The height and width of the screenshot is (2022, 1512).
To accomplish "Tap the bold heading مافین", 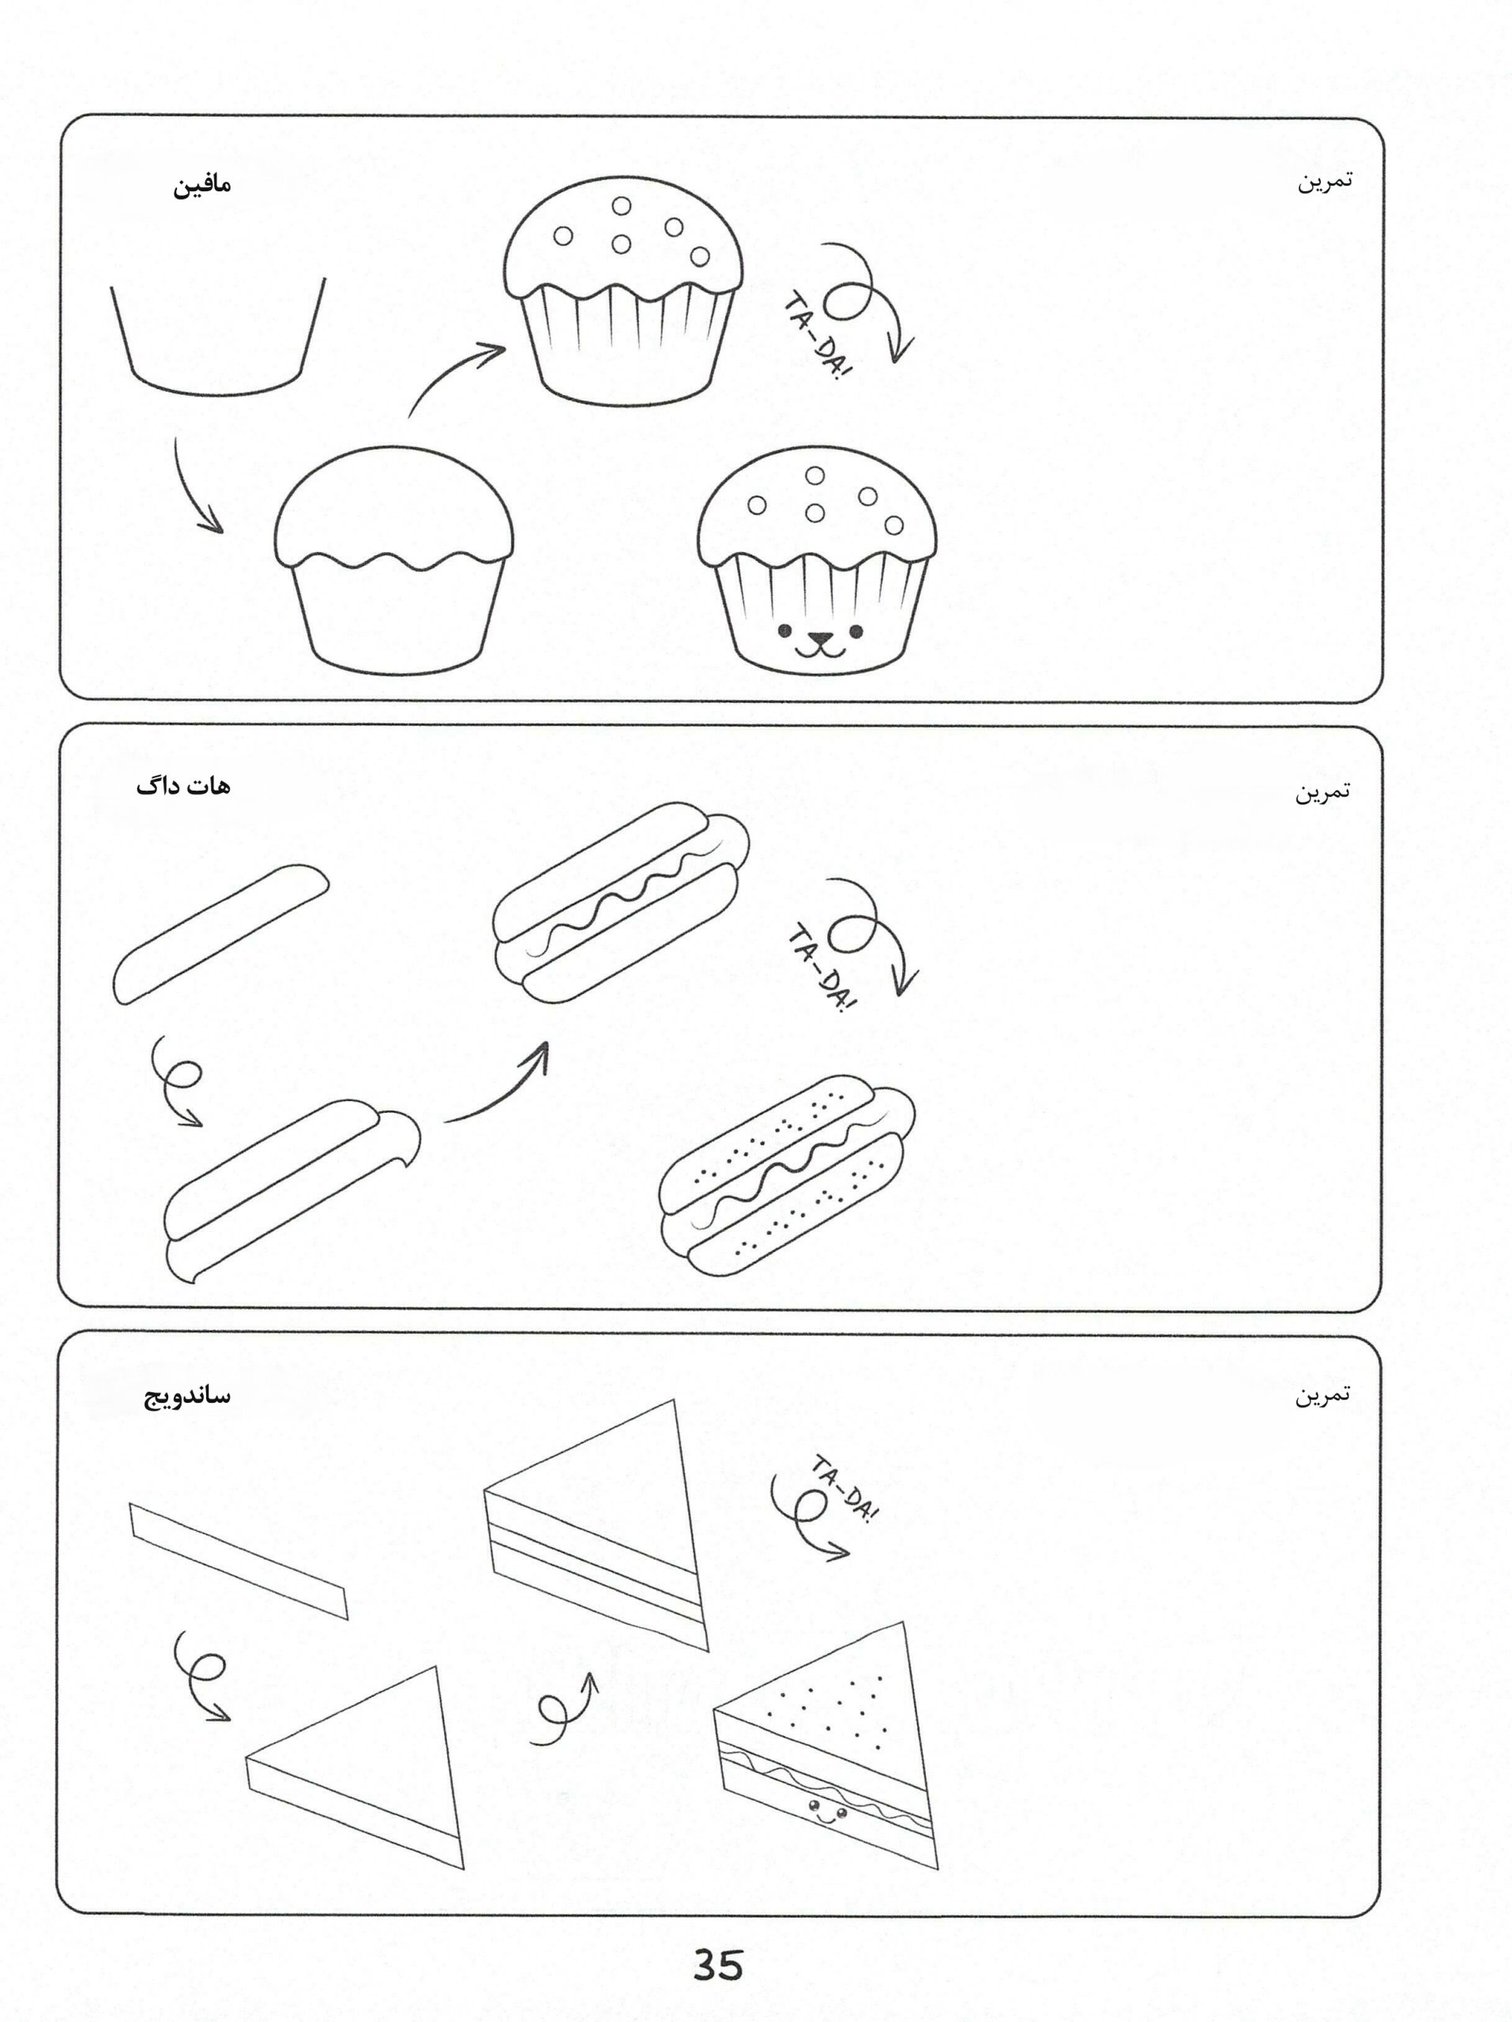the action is click(x=203, y=185).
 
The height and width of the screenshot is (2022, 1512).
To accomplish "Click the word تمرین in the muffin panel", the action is click(x=1325, y=181).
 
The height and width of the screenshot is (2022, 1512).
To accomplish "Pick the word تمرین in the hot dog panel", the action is click(x=1322, y=791).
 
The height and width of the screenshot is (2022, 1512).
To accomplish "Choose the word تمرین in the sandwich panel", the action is click(x=1322, y=1394).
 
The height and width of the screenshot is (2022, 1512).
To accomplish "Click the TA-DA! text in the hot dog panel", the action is click(x=821, y=969).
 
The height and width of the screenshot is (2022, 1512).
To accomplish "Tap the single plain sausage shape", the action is click(x=220, y=934).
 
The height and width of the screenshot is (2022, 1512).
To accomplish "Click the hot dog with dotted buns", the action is click(x=787, y=1174).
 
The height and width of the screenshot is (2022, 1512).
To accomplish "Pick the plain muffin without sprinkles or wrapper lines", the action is click(x=393, y=560).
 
